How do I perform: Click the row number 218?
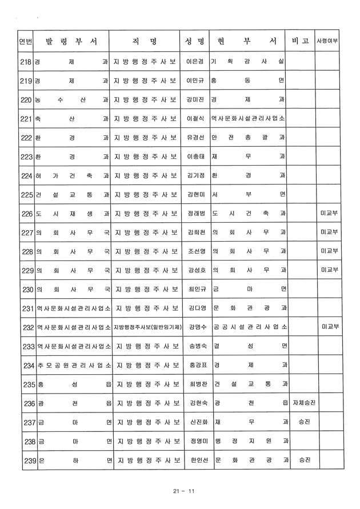click(25, 61)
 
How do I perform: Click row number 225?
click(25, 195)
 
